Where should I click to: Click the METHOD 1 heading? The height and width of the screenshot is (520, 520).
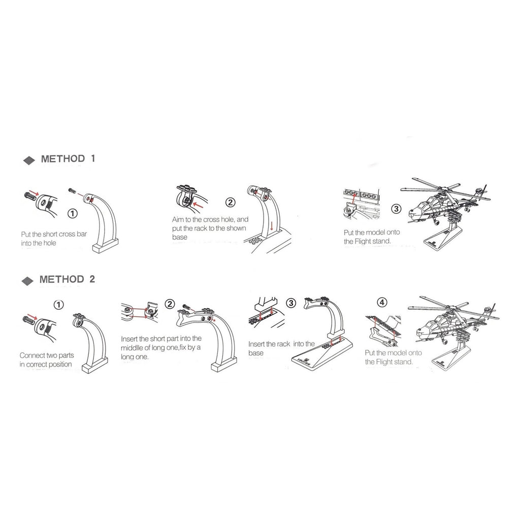(x=68, y=159)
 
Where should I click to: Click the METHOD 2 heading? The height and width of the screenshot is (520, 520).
(x=67, y=279)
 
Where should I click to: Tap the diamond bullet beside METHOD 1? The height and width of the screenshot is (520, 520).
(x=29, y=160)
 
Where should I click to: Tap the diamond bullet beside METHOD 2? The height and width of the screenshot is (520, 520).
(x=27, y=281)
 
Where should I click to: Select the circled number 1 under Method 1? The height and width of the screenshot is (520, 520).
(x=72, y=213)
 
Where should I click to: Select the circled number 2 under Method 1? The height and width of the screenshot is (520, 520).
(x=230, y=202)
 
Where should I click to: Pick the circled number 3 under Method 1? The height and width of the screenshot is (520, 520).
(x=396, y=209)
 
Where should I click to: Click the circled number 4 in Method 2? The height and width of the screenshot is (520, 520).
(x=382, y=302)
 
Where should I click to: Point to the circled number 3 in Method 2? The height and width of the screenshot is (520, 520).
(x=291, y=303)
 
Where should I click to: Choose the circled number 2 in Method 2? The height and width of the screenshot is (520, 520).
(x=170, y=304)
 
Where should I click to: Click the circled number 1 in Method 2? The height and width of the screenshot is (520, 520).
(x=59, y=305)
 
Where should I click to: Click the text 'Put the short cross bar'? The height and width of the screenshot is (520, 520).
(x=54, y=234)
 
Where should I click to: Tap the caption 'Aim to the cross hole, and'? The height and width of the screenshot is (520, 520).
(x=210, y=219)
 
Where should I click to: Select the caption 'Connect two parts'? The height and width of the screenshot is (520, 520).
(x=47, y=355)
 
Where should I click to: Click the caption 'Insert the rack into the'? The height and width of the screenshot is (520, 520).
(x=281, y=344)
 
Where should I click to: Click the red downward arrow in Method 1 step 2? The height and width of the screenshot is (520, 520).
(x=272, y=226)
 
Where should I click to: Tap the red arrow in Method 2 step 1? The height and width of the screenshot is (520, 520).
(x=32, y=316)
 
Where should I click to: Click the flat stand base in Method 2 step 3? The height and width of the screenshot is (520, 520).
(x=324, y=354)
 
